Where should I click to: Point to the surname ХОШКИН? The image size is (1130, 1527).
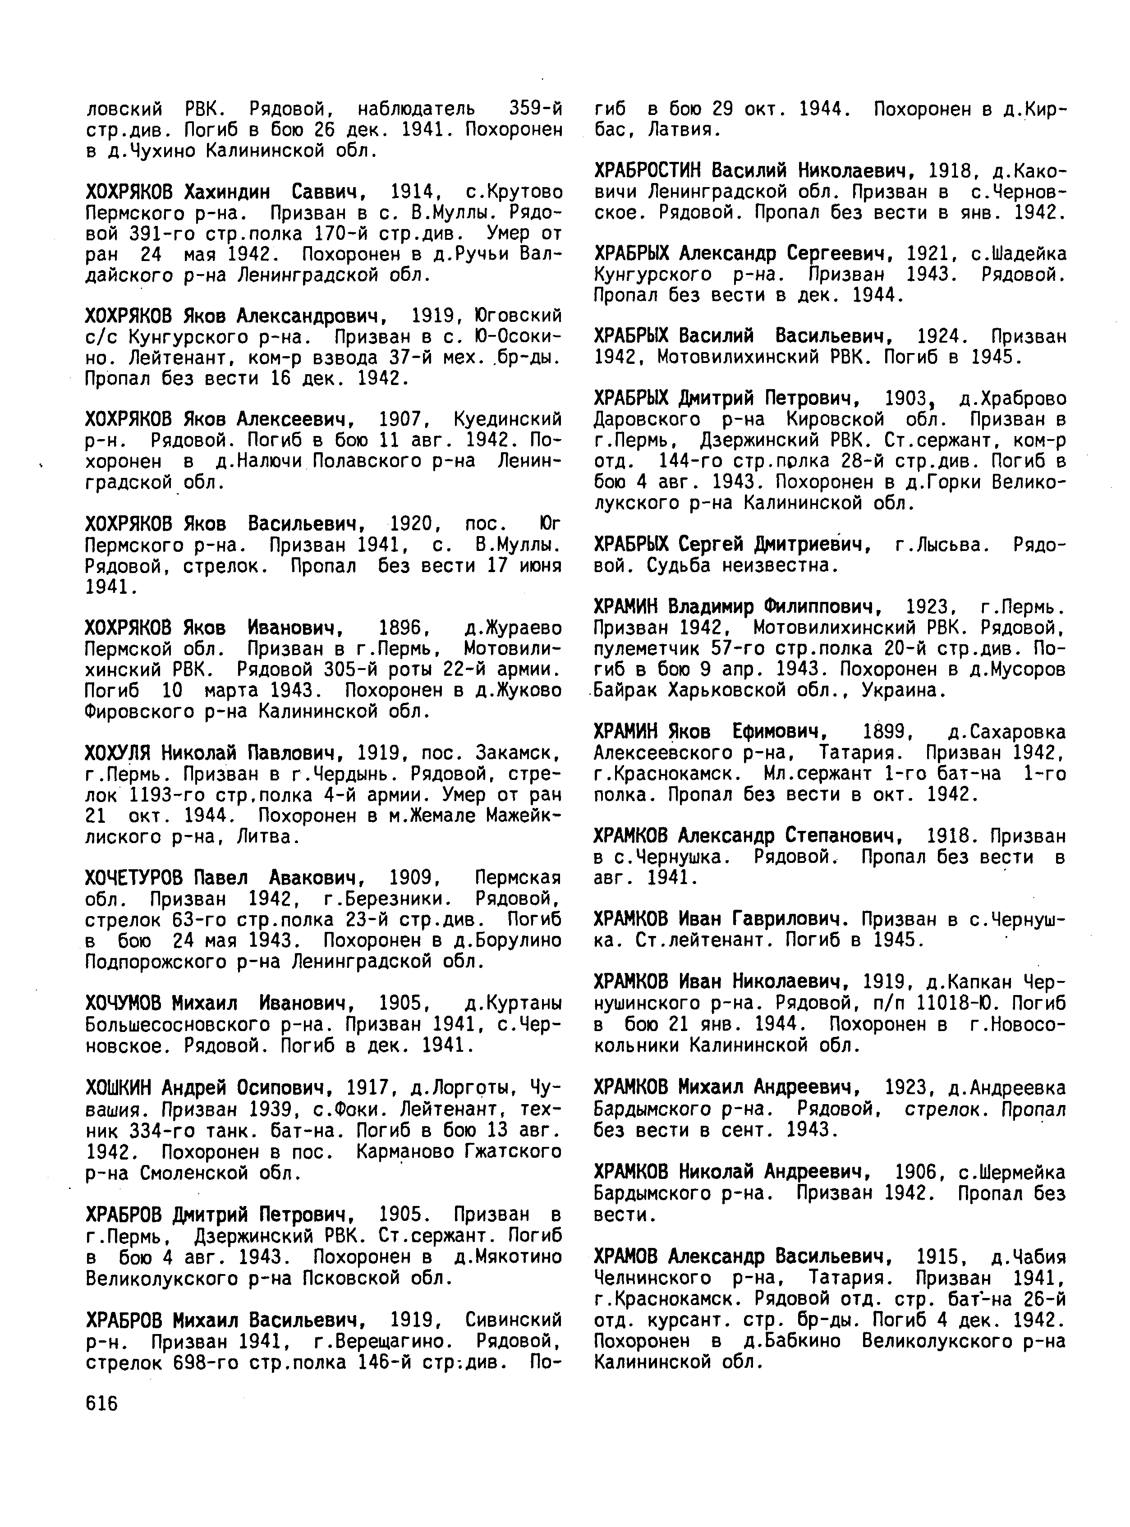click(x=119, y=1087)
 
